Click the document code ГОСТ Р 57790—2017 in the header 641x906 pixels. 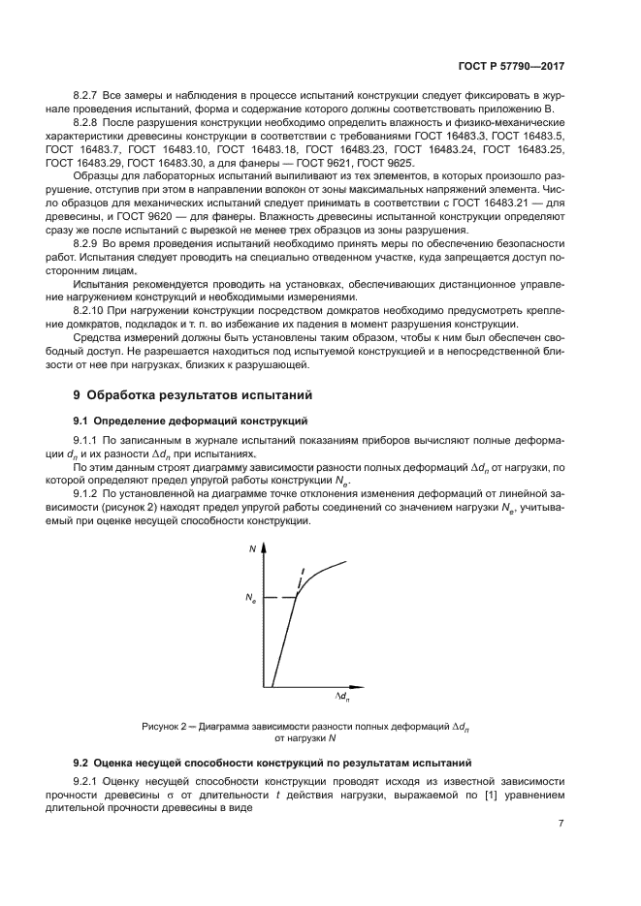(x=512, y=68)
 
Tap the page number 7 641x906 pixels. (x=561, y=824)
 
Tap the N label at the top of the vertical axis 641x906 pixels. (x=252, y=548)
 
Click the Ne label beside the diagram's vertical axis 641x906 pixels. (x=251, y=600)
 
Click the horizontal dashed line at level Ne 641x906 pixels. (x=280, y=598)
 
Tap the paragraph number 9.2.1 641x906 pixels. (x=89, y=781)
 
